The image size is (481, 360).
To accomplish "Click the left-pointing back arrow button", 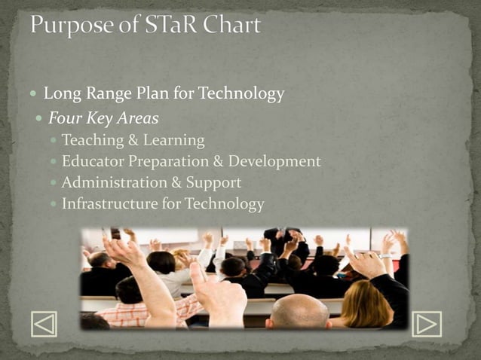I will pyautogui.click(x=44, y=324).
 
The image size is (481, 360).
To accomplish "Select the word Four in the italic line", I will pyautogui.click(x=65, y=118).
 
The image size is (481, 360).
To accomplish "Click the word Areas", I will pyautogui.click(x=138, y=118).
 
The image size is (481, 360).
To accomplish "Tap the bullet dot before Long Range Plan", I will pyautogui.click(x=35, y=95).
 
